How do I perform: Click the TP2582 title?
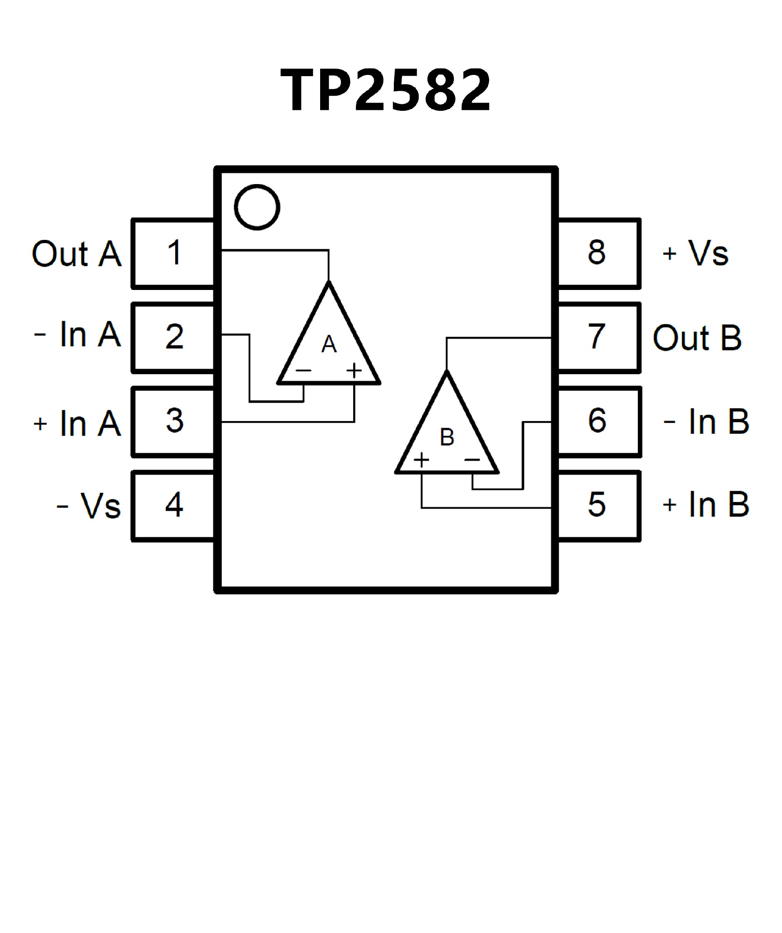tap(385, 90)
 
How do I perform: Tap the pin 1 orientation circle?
tap(257, 207)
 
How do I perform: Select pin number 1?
tap(175, 252)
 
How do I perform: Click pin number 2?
tap(174, 336)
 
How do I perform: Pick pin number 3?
tap(175, 420)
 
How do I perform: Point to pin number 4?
tap(174, 504)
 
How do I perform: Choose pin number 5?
tap(597, 504)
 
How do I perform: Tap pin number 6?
tap(597, 420)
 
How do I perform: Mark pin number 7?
tap(596, 336)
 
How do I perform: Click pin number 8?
tap(596, 252)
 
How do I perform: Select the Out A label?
tap(77, 254)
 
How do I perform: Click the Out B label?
tap(697, 338)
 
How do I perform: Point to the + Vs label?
tap(695, 253)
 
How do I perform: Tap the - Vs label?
tap(88, 506)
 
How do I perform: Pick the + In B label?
tap(705, 505)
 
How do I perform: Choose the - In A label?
tap(77, 334)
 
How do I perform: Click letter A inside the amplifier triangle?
tap(329, 344)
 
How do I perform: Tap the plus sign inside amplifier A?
tap(354, 370)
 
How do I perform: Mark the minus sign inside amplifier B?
tap(472, 460)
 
